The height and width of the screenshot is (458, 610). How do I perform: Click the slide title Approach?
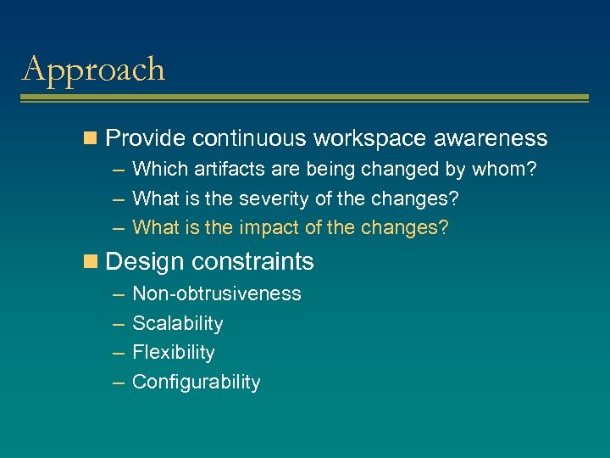[93, 70]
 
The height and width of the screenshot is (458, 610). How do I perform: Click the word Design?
[144, 262]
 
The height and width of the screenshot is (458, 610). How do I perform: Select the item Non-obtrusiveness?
[217, 293]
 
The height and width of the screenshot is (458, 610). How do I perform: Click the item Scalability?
[178, 323]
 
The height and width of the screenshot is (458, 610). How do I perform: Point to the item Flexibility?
[174, 352]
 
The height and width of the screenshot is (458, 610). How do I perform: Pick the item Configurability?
[197, 382]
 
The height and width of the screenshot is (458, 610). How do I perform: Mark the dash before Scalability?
[116, 323]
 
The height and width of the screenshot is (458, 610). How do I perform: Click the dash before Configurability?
[116, 382]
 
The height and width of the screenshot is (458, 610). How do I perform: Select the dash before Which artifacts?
[116, 170]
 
